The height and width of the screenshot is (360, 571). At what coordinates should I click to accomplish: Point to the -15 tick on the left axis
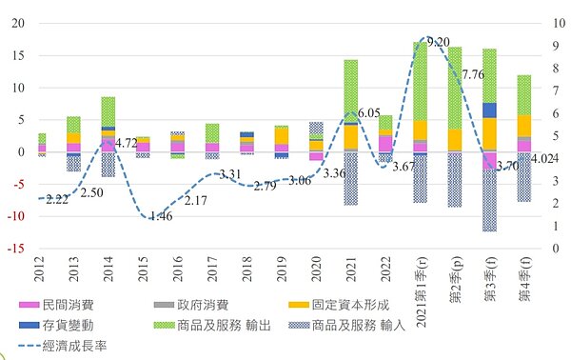[16, 249]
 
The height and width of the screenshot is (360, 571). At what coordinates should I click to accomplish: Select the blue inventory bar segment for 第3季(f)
[489, 110]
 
